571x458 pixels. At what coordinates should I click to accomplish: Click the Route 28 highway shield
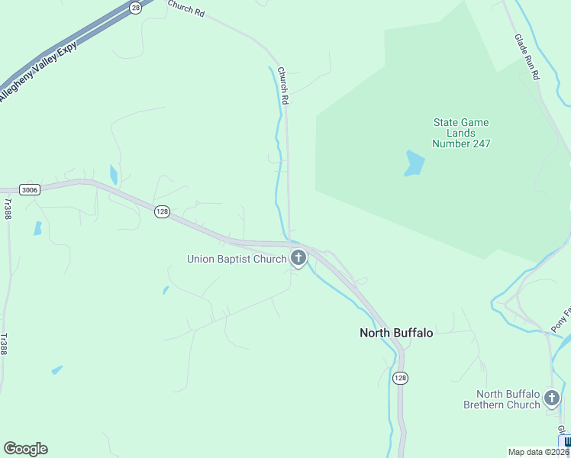tap(135, 7)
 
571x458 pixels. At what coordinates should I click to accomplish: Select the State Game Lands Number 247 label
tap(460, 133)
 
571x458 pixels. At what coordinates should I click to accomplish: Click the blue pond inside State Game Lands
tap(414, 163)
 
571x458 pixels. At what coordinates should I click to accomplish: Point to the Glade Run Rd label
tap(527, 57)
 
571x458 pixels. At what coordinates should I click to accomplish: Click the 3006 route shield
tap(29, 190)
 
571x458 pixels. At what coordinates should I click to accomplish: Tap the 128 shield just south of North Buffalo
tap(401, 378)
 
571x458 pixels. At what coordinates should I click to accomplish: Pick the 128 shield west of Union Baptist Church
tap(161, 211)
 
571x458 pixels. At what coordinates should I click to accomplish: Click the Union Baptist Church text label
tap(236, 259)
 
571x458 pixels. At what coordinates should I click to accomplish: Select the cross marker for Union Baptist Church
tap(298, 258)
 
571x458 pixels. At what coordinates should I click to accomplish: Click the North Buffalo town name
tap(396, 333)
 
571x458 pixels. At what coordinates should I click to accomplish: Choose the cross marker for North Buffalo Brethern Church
tap(551, 398)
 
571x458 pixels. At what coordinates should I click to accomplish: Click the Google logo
tap(25, 449)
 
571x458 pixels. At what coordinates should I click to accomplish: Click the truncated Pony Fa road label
tap(560, 319)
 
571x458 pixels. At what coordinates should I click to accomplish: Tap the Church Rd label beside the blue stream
tap(283, 85)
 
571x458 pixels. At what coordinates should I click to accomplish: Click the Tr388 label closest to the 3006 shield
tap(8, 209)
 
